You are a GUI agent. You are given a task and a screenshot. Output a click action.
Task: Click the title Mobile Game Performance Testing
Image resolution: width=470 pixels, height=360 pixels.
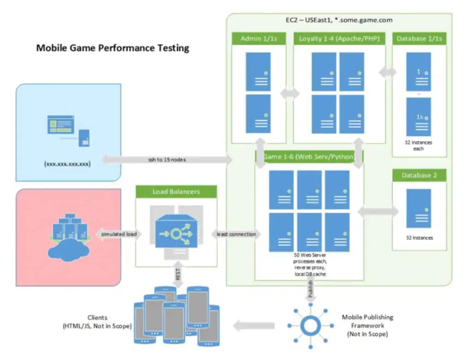click(113, 48)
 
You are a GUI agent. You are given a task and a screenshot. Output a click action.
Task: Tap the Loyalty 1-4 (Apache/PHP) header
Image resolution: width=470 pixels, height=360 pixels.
click(339, 39)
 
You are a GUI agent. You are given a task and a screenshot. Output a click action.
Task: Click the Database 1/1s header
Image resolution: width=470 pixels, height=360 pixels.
click(419, 39)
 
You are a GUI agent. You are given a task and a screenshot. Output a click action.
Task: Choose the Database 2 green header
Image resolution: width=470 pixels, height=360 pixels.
click(419, 175)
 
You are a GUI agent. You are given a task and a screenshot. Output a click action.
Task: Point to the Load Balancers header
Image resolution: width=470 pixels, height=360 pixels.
click(176, 191)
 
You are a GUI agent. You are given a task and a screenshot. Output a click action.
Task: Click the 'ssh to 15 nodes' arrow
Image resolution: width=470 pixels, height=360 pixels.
click(167, 160)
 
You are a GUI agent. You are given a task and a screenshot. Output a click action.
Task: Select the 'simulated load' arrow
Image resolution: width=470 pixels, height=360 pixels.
click(119, 234)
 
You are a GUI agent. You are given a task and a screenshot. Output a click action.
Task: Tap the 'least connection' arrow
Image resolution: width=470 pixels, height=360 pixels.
click(236, 234)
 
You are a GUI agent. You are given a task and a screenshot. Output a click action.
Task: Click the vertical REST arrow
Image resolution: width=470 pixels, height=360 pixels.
click(178, 275)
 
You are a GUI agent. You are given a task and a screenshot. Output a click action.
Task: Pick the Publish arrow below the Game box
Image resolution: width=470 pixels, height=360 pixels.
click(310, 290)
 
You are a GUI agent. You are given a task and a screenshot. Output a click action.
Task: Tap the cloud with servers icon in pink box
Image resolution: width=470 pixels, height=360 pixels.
click(68, 235)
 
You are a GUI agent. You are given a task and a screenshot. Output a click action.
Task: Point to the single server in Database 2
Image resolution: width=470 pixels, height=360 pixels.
click(418, 208)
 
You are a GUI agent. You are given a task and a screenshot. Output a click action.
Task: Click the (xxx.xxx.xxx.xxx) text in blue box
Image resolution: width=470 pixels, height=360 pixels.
click(67, 163)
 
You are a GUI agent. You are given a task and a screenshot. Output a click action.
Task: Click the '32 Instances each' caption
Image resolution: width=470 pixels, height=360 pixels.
click(419, 146)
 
